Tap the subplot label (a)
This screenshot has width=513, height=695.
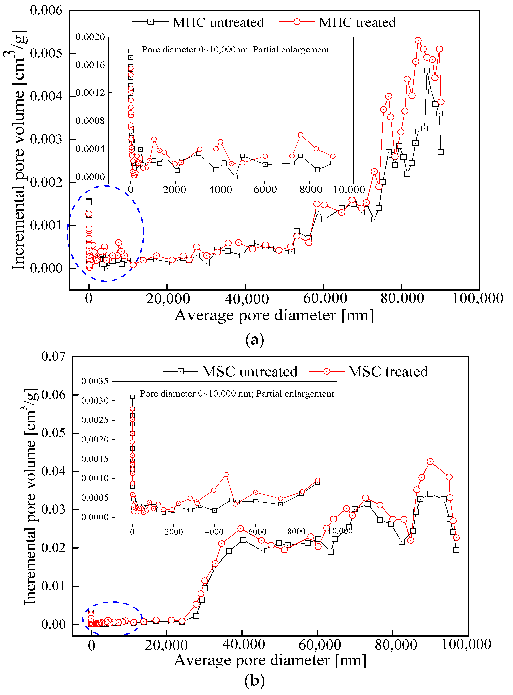255,340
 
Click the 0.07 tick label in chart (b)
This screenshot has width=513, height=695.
54,356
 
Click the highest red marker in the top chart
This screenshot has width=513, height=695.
418,40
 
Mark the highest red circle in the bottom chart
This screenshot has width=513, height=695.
430,462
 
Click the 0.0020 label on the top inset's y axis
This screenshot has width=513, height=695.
90,37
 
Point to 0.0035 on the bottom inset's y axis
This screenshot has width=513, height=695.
95,381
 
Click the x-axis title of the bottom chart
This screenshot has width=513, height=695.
270,660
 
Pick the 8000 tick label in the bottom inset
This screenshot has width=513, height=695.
296,532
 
